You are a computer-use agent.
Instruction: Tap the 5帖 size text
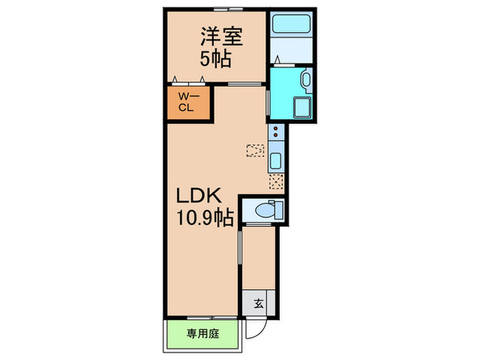pyautogui.click(x=215, y=58)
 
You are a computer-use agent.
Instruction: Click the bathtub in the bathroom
pyautogui.click(x=290, y=26)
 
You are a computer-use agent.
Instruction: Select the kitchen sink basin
pyautogui.click(x=276, y=162)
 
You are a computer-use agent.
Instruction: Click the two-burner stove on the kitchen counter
pyautogui.click(x=276, y=132)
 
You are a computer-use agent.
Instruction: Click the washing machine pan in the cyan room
pyautogui.click(x=301, y=108)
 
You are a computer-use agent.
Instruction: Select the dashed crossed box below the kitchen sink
pyautogui.click(x=276, y=182)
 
